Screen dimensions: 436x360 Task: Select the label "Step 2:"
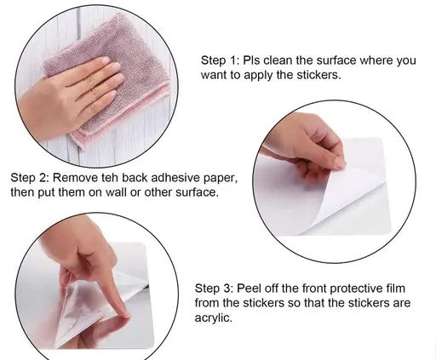click(x=30, y=178)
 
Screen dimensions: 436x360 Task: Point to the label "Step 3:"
click(x=214, y=289)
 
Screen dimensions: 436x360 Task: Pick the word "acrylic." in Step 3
click(x=213, y=317)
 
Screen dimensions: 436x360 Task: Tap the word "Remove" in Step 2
click(x=76, y=178)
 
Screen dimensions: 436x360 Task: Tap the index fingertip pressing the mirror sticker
click(x=124, y=314)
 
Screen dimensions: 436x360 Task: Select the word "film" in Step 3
click(x=395, y=289)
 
